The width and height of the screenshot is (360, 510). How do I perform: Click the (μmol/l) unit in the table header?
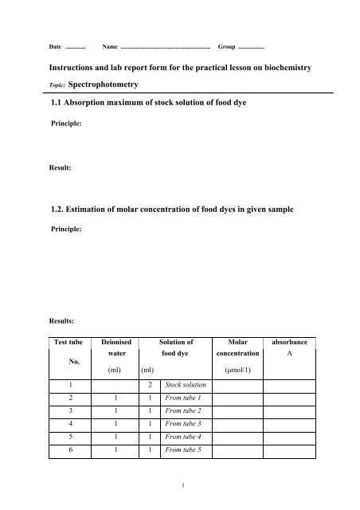click(x=237, y=371)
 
